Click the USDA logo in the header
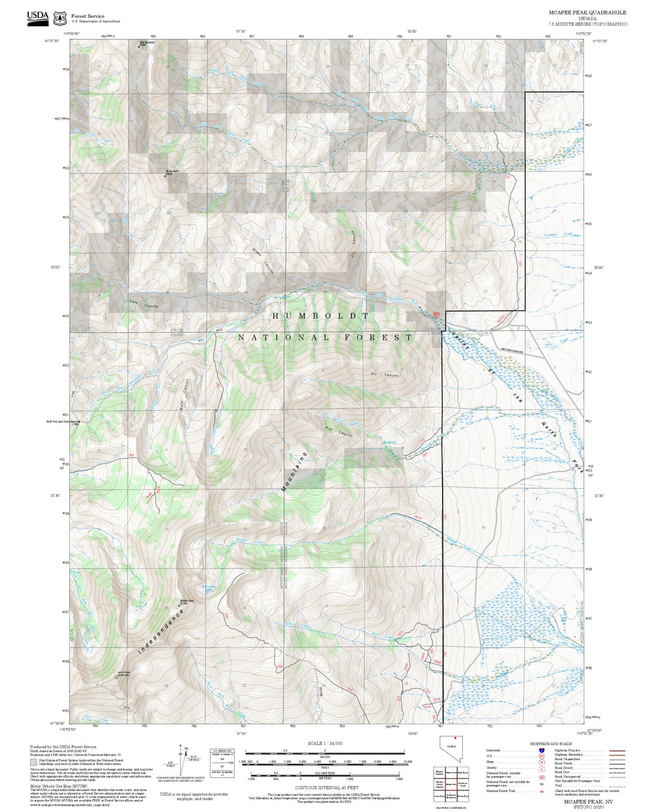37,17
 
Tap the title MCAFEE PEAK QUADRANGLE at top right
587,13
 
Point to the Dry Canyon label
385,375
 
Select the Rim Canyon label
338,434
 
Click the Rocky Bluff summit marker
165,176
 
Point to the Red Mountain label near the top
146,43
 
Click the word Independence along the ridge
160,632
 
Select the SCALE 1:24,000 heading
325,743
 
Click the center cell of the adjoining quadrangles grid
451,784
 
